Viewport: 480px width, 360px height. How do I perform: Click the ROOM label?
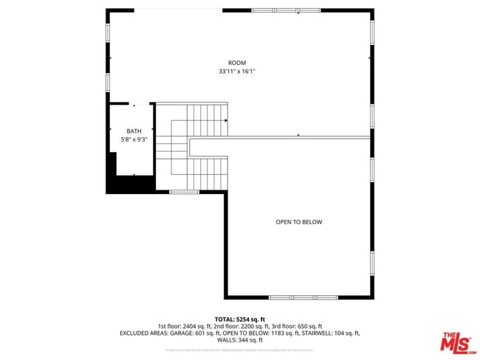(236, 63)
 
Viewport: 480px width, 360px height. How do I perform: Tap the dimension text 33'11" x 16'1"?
(236, 72)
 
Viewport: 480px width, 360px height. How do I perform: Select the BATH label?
(134, 131)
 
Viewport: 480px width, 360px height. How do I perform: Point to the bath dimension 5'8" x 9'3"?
(134, 139)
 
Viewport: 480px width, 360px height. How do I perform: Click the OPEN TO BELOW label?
(298, 222)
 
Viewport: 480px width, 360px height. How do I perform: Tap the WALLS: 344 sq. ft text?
(239, 341)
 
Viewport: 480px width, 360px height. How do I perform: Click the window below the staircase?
(184, 193)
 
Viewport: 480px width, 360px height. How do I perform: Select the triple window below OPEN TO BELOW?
(303, 297)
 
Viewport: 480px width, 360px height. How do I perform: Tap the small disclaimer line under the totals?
(239, 350)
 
